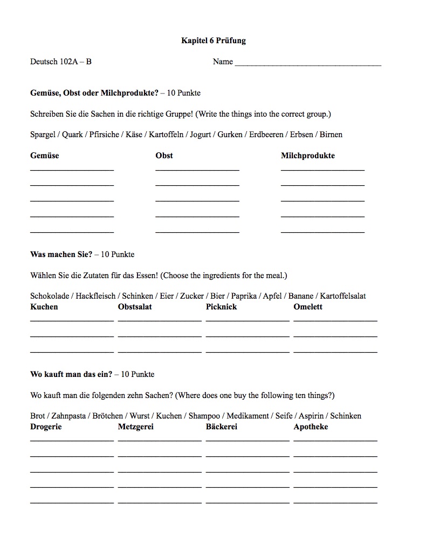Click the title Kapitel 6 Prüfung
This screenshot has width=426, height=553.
click(214, 41)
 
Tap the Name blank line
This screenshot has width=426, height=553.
click(308, 64)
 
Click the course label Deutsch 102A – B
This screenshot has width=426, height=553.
click(61, 62)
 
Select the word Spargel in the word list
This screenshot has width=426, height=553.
click(43, 134)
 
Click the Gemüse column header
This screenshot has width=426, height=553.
click(45, 156)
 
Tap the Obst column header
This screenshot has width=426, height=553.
click(164, 156)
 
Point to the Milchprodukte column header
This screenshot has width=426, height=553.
click(308, 156)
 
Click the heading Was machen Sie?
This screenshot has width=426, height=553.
click(61, 254)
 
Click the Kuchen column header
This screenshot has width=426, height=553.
click(44, 307)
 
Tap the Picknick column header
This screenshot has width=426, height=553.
click(221, 307)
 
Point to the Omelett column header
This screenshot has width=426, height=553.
click(308, 307)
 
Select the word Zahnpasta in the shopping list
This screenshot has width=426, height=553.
click(68, 416)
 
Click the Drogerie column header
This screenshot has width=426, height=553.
click(46, 427)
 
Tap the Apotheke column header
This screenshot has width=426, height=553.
click(311, 427)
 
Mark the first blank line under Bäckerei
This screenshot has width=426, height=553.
click(248, 441)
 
